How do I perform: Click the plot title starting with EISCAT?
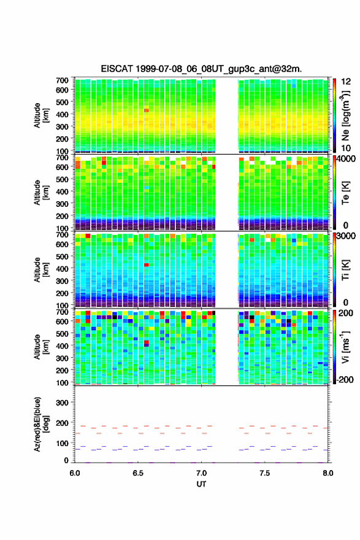click(201, 69)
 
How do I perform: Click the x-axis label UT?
click(201, 484)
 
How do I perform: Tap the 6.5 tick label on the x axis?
click(138, 473)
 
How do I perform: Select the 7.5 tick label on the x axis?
click(265, 473)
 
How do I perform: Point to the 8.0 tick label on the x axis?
click(328, 473)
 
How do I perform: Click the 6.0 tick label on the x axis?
click(75, 473)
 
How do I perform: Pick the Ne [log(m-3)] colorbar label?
click(345, 116)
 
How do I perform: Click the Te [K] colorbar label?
click(345, 193)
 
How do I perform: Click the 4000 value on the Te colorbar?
click(346, 160)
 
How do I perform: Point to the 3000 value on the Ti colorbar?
click(346, 236)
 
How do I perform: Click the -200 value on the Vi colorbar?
click(345, 379)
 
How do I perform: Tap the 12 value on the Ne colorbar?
click(346, 82)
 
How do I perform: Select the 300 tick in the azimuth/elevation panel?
click(62, 403)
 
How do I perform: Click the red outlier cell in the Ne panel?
click(147, 110)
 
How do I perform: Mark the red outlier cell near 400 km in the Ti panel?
click(147, 265)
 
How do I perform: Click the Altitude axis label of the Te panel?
click(41, 193)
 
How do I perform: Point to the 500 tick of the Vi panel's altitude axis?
click(62, 333)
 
